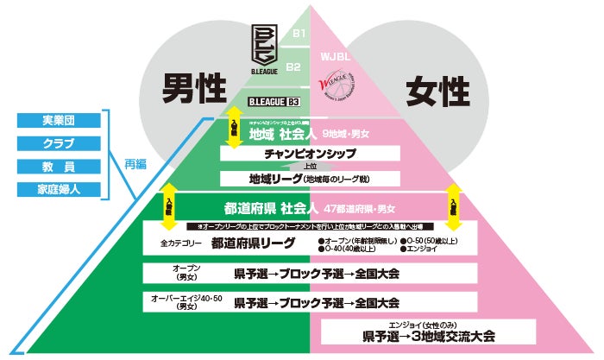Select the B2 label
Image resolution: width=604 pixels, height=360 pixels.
293,66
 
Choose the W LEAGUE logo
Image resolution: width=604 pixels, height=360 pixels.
337,88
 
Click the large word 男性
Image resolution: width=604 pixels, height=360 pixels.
195,87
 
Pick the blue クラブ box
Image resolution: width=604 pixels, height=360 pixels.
58,142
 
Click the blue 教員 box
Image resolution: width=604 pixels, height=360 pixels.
58,166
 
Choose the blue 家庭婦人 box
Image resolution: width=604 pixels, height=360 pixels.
58,189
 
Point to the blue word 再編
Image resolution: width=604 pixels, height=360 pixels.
135,163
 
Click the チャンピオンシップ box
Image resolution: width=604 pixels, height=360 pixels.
307,154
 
